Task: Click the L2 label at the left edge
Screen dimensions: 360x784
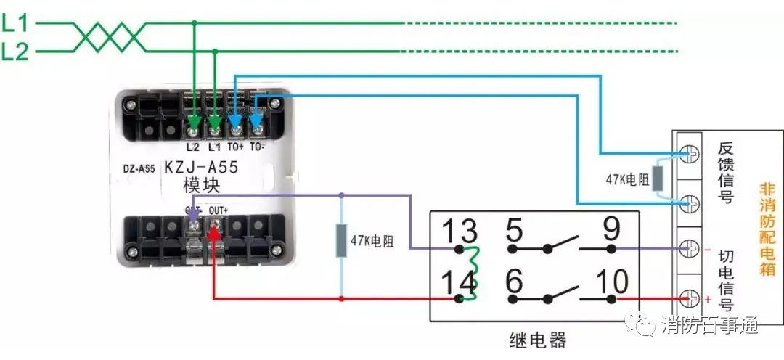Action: (x=15, y=51)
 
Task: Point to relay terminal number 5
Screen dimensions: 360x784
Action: (x=514, y=231)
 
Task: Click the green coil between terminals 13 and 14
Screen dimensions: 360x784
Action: (x=470, y=273)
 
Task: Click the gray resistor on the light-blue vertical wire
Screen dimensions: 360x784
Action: (x=341, y=241)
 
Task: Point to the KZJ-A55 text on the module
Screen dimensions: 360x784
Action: (x=200, y=168)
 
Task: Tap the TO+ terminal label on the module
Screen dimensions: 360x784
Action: (x=237, y=147)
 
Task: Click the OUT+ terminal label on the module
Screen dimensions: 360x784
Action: (x=219, y=210)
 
